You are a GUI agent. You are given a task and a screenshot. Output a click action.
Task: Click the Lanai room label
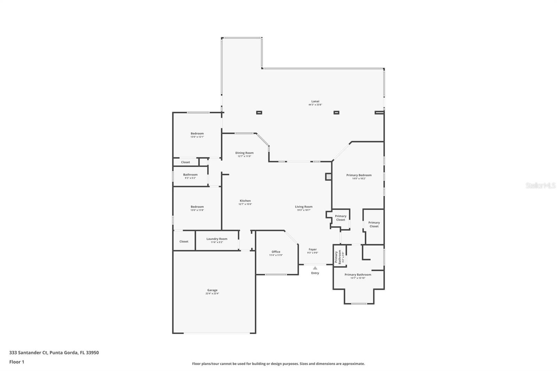(315, 103)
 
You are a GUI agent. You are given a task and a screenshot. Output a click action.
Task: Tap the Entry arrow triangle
(315, 268)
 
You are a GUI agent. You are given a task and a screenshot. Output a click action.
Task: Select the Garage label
(212, 292)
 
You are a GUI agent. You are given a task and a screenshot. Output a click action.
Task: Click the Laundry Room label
(217, 240)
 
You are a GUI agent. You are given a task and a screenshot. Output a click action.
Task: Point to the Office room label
(276, 253)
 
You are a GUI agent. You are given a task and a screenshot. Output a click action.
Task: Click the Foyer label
(313, 251)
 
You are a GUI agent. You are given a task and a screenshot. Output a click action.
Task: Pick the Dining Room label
(244, 154)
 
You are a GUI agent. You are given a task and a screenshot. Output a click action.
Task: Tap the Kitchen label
(245, 202)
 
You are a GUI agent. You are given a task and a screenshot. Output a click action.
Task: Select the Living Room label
(304, 208)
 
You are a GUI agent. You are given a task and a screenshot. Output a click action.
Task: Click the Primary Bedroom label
(359, 176)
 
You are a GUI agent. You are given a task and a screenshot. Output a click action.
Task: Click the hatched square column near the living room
(328, 177)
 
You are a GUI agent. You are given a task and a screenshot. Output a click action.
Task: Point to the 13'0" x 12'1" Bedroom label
(197, 135)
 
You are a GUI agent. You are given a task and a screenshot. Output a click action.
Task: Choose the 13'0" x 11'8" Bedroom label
(197, 208)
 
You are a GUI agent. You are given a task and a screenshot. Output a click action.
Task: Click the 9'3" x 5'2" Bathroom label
(190, 176)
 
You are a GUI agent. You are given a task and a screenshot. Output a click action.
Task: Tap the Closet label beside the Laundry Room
(184, 242)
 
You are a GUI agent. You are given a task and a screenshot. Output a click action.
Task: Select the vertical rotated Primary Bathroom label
(338, 257)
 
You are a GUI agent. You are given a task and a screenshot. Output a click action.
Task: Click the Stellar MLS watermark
(540, 186)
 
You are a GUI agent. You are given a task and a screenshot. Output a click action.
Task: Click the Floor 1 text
(17, 362)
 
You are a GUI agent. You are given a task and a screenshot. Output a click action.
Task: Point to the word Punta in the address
(56, 353)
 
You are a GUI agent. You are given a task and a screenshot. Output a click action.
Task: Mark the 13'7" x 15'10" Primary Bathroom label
(358, 276)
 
